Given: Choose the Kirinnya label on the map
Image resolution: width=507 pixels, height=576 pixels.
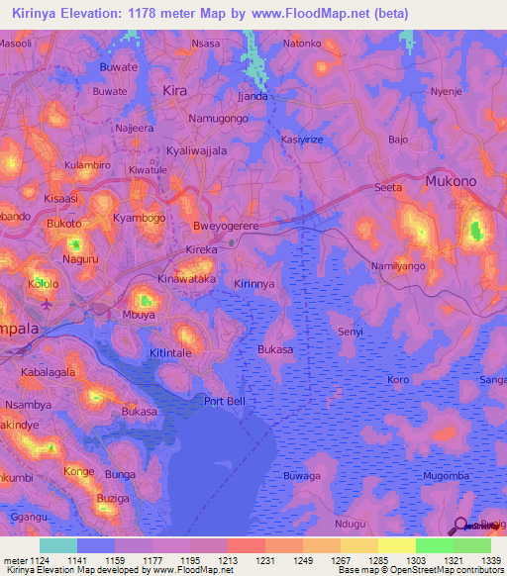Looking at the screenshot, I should pos(253,283).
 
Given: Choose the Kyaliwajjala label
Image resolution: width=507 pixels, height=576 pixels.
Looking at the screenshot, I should pos(196,150).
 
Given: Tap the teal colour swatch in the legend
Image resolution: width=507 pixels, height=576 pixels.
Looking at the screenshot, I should pos(57,545).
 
